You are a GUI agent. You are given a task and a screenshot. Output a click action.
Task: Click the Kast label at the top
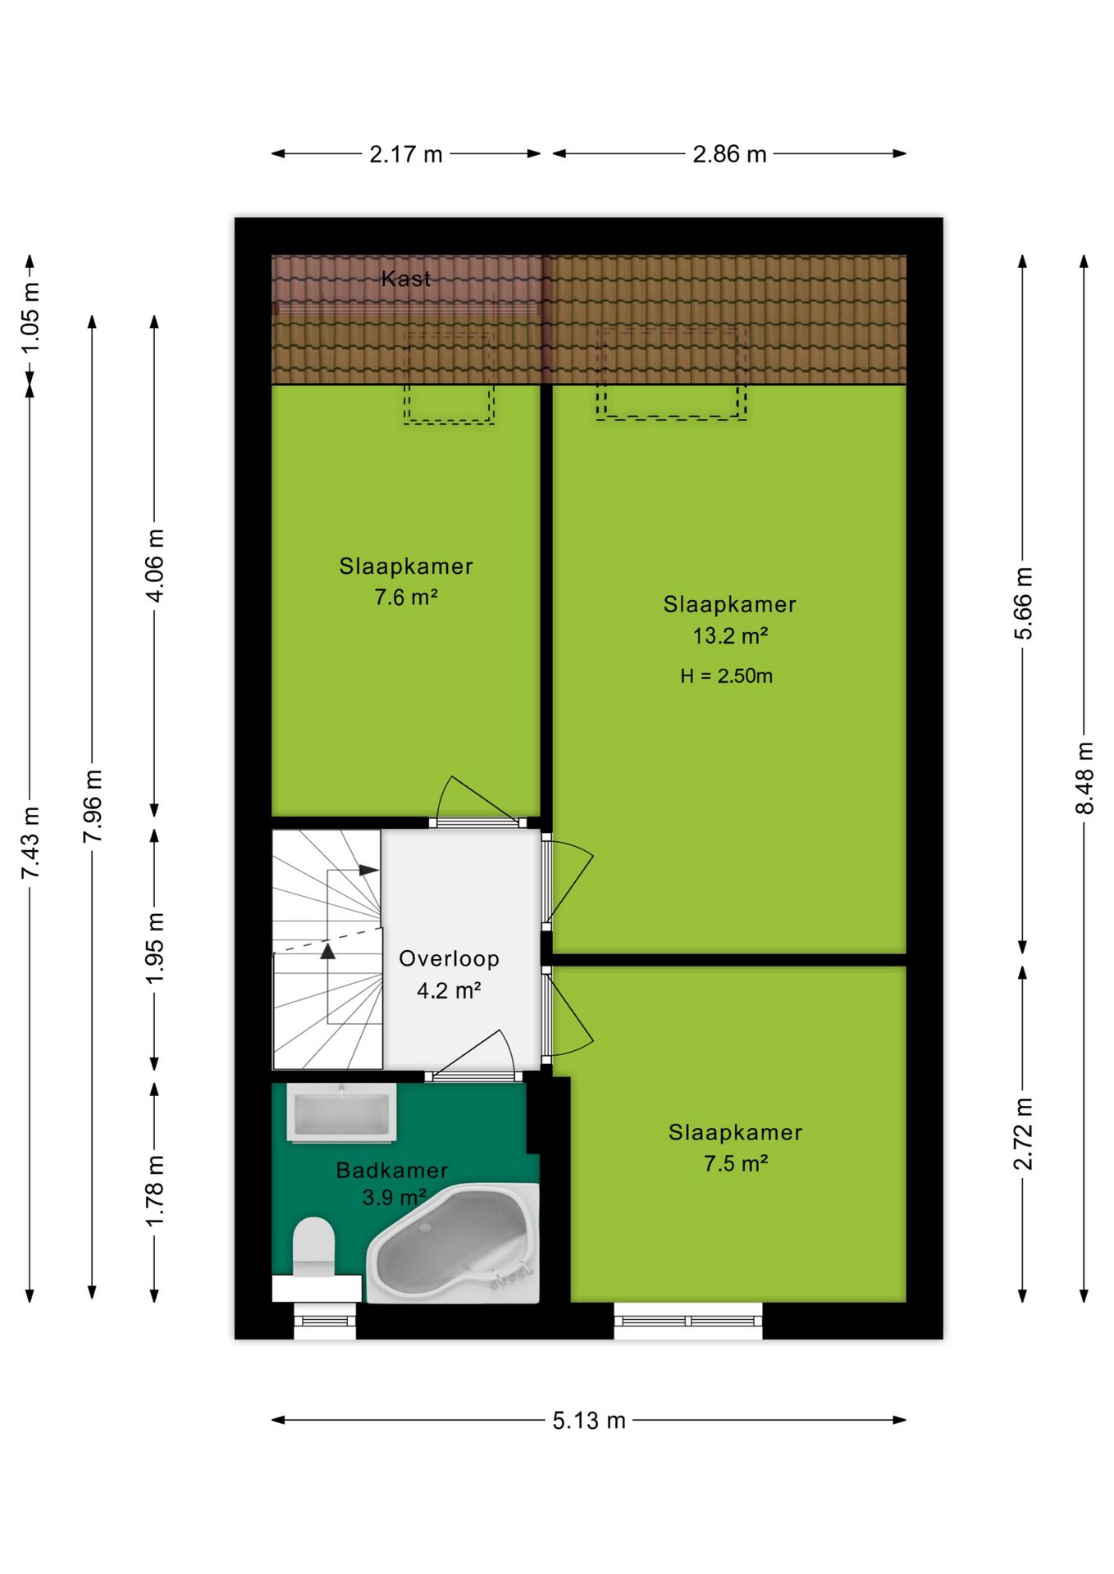[406, 279]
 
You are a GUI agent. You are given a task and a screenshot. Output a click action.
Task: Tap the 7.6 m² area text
[406, 598]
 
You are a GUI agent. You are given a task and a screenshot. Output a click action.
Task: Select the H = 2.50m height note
[726, 676]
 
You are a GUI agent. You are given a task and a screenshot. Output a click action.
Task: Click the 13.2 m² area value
[730, 636]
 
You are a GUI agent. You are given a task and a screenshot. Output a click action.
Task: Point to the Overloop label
[449, 959]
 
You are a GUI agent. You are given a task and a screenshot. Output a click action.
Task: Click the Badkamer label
[392, 1171]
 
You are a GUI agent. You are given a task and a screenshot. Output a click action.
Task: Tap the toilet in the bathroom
[314, 1247]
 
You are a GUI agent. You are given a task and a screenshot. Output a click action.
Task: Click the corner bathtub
[453, 1243]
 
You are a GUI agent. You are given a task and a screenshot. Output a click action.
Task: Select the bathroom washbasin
[341, 1112]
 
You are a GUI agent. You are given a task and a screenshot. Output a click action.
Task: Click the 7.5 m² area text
[736, 1164]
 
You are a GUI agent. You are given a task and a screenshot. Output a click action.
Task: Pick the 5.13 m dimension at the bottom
[589, 1421]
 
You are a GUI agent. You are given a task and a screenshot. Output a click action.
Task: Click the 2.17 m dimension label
[406, 154]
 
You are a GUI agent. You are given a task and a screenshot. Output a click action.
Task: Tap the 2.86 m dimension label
[729, 154]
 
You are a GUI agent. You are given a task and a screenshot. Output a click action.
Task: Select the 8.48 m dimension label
[1084, 778]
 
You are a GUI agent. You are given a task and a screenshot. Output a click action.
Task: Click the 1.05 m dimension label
[30, 318]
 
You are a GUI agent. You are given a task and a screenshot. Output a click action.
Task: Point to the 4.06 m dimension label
[155, 566]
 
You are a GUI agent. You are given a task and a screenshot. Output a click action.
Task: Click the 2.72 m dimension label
[1023, 1134]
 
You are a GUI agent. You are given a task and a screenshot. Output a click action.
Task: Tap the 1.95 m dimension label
[155, 948]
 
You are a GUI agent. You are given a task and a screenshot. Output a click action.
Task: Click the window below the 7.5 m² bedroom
[688, 1321]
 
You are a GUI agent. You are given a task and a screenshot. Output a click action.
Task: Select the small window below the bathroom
[325, 1321]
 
